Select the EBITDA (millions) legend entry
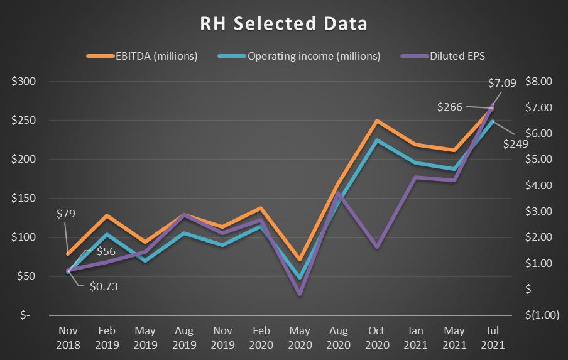click(x=143, y=56)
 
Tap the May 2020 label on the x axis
click(x=300, y=338)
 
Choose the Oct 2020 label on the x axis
click(x=377, y=338)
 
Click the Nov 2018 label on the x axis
click(x=68, y=338)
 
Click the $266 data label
click(x=450, y=107)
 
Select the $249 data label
click(x=515, y=143)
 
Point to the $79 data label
click(x=65, y=214)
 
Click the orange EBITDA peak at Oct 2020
click(x=377, y=121)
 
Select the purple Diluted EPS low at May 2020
click(x=300, y=293)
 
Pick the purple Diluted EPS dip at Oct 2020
click(x=377, y=247)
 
